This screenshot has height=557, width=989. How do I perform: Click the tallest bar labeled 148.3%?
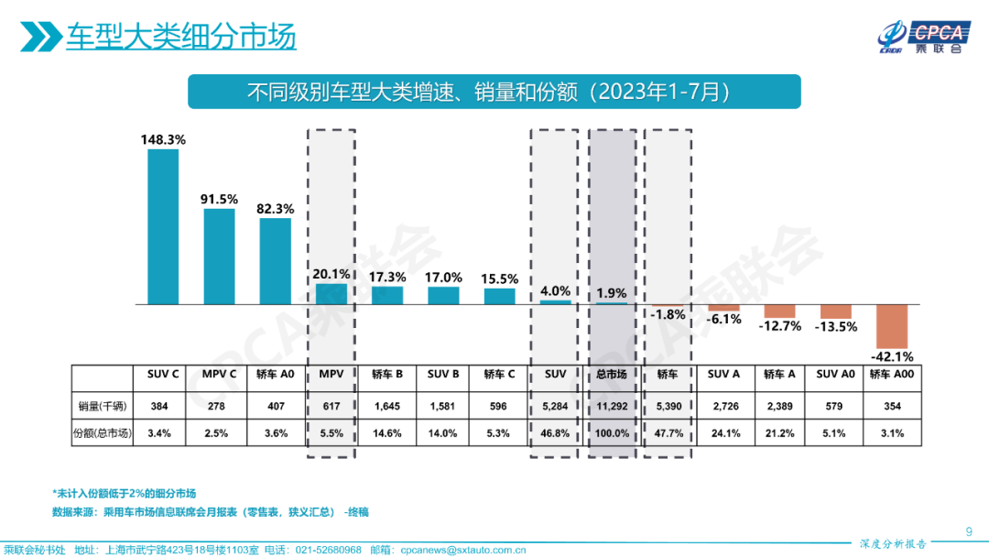(163, 226)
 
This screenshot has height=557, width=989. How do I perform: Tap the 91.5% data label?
(220, 199)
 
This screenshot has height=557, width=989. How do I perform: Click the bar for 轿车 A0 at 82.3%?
(275, 261)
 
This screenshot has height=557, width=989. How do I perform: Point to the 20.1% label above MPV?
(331, 274)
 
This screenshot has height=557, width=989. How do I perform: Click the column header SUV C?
(163, 374)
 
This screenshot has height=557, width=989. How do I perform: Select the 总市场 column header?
(610, 374)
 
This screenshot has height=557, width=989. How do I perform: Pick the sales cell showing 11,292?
(610, 406)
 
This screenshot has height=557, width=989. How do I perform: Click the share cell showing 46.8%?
(554, 433)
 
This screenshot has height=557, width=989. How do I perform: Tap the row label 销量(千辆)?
(102, 406)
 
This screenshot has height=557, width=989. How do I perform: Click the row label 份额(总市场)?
(102, 433)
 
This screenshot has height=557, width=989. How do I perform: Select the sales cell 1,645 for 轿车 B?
(387, 406)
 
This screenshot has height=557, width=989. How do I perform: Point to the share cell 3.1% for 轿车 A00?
(891, 433)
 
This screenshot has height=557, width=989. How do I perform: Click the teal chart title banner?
(494, 92)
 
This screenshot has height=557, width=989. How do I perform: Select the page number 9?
(970, 530)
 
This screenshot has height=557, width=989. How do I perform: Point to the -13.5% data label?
(836, 326)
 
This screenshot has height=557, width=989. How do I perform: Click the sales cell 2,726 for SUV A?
(723, 406)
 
